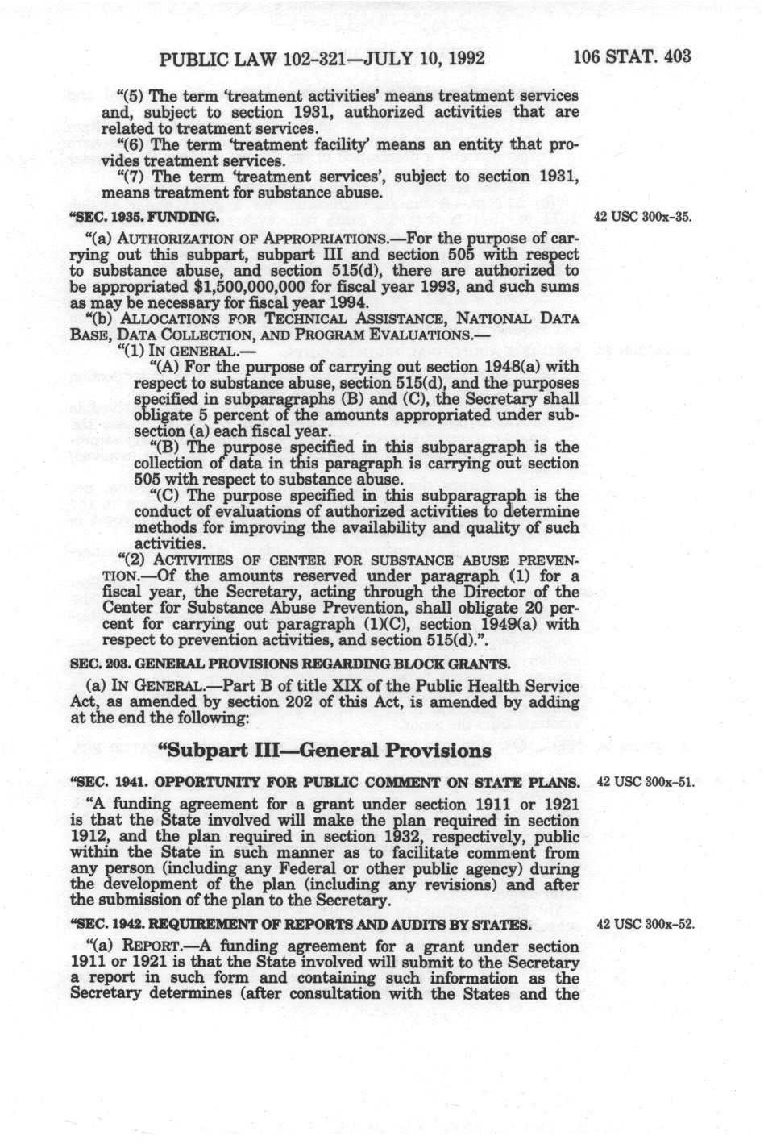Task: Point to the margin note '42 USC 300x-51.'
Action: click(x=644, y=782)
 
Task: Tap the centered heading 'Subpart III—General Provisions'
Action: click(x=325, y=750)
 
